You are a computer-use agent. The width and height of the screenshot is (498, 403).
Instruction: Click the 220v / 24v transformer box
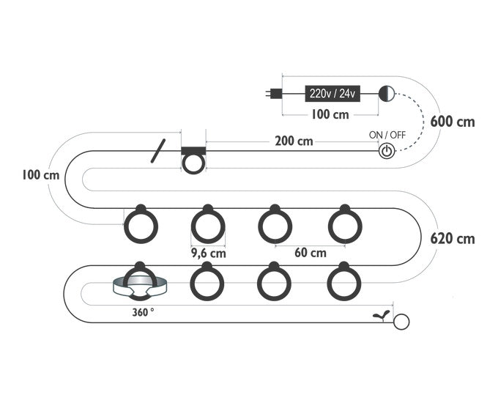tap(332, 94)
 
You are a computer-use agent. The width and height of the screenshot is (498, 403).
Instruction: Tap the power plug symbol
tap(273, 94)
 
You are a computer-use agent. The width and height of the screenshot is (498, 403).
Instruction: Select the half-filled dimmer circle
tap(387, 94)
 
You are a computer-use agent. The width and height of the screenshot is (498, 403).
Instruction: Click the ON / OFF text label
tap(387, 135)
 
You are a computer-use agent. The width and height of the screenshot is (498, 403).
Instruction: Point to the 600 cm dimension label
tap(453, 122)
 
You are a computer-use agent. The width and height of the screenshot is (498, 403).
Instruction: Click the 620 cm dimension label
tap(453, 239)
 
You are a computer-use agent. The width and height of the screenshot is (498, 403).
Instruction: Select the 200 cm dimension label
tap(294, 141)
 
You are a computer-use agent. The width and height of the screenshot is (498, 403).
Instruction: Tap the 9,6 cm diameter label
tap(208, 253)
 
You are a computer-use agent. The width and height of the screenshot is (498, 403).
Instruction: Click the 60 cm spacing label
tap(311, 253)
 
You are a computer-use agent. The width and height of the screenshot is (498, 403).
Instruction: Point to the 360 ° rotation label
tap(143, 312)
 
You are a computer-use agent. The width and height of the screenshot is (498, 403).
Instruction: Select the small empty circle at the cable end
tap(401, 322)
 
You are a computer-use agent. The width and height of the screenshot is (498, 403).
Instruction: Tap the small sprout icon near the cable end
tap(382, 315)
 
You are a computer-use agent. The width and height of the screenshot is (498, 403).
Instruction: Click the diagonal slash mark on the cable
tap(158, 151)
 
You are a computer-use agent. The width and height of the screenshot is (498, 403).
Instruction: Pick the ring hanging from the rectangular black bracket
tap(193, 164)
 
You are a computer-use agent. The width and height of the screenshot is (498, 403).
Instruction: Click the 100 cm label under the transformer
tap(330, 114)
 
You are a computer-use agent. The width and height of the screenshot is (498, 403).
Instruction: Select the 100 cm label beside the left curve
tap(41, 175)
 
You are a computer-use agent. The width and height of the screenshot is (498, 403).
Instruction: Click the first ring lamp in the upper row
tap(141, 225)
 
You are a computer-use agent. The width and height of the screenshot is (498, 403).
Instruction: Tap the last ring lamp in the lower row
tap(344, 281)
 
